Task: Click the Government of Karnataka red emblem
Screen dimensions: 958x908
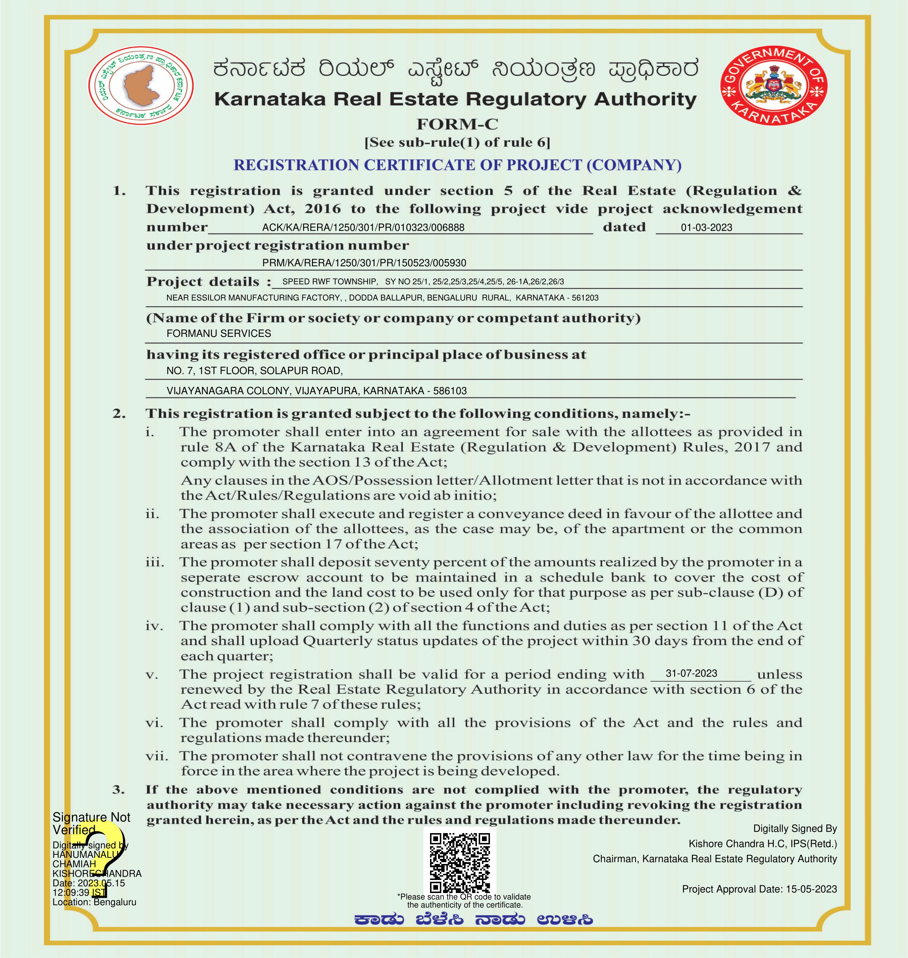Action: [x=774, y=86]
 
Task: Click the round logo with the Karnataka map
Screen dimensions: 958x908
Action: [x=141, y=86]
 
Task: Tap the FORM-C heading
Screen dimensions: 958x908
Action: [x=457, y=125]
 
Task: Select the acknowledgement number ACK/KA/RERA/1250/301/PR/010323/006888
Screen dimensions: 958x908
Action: [x=363, y=227]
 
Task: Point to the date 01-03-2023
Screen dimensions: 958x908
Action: [x=706, y=227]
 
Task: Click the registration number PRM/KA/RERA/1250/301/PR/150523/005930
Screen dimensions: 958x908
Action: [x=364, y=263]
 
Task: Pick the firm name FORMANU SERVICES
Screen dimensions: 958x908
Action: [x=218, y=333]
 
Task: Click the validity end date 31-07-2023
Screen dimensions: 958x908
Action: [x=691, y=673]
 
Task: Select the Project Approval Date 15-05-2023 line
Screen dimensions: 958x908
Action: [x=759, y=889]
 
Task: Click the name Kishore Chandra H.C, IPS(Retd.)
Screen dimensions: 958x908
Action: [x=762, y=844]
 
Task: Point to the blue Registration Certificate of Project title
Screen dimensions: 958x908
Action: [x=457, y=165]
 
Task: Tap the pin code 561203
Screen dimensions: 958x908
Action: [x=585, y=298]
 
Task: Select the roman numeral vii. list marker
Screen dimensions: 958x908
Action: [x=156, y=756]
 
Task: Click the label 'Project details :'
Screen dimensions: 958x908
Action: [x=208, y=282]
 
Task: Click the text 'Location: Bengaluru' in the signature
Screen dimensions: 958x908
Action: [x=94, y=902]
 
